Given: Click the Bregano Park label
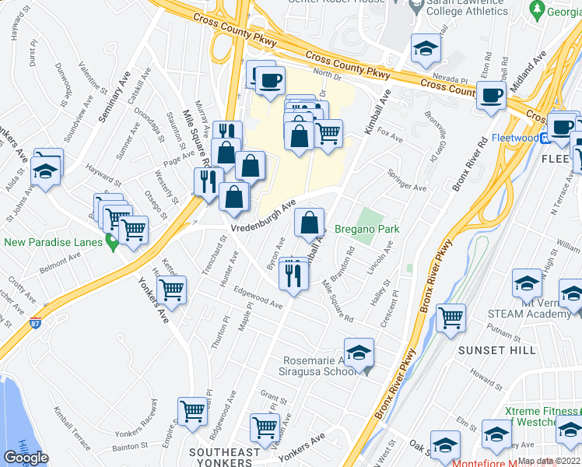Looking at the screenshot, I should click(x=366, y=229).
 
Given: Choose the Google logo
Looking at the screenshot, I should click(x=26, y=457).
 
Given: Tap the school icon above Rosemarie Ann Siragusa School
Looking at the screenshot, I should click(x=359, y=353).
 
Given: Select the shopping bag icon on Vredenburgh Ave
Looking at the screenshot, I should click(x=309, y=223).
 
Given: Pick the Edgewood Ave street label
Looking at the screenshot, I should click(x=258, y=300).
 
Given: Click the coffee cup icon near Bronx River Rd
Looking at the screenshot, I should click(x=490, y=96).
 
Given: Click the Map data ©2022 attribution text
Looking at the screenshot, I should click(x=549, y=461).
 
